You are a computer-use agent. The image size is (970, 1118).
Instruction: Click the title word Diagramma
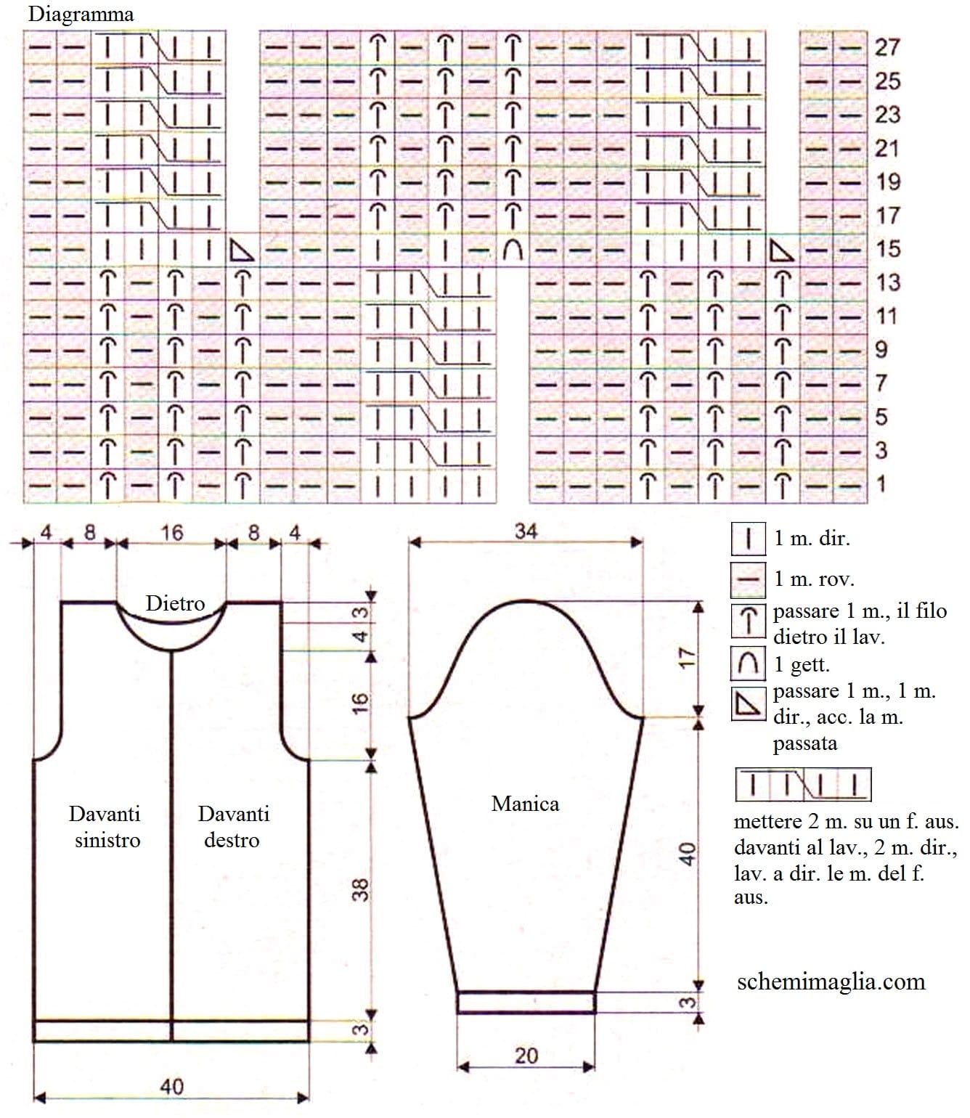pos(81,15)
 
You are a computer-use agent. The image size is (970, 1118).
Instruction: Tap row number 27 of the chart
pos(887,47)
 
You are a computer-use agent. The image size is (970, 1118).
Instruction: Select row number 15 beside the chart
pos(888,249)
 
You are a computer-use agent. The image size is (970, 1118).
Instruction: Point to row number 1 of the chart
pos(881,484)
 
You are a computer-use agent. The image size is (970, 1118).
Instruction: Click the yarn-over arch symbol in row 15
pos(512,250)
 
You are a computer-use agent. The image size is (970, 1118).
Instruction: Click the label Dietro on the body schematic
pos(175,603)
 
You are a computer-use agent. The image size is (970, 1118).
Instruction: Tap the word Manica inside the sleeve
pos(525,804)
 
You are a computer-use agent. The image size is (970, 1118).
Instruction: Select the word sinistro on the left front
pos(107,840)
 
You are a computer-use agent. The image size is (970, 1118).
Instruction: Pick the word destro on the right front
pos(232,840)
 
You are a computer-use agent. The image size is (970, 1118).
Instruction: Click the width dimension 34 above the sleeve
pos(526,531)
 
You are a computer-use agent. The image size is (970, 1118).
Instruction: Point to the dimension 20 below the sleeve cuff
pos(526,1056)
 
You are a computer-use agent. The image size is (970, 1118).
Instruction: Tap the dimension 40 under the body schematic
pos(171,1087)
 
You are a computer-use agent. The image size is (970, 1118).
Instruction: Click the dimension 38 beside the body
pos(360,889)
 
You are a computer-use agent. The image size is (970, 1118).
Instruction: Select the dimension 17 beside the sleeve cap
pos(687,657)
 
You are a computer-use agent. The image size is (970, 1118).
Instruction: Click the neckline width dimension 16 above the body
pos(171,533)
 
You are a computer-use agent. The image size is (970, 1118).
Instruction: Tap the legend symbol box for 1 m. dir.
pos(748,539)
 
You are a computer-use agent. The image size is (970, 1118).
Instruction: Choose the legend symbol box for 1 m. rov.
pos(748,580)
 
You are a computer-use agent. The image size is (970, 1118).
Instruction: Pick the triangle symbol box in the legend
pos(748,703)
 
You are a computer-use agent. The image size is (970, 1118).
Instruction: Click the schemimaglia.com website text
pos(831,982)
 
